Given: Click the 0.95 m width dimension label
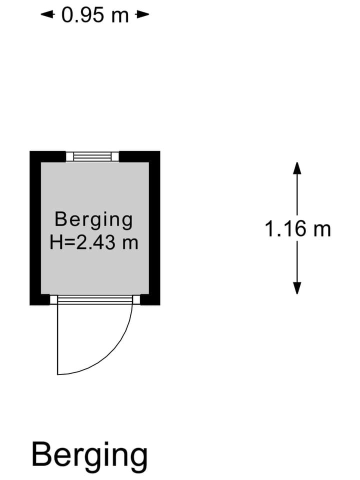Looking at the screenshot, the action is (95, 15).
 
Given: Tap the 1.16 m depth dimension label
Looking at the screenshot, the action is (298, 228).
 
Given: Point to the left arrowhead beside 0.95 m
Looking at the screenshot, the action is (47, 14).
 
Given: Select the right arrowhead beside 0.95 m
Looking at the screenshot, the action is (142, 14).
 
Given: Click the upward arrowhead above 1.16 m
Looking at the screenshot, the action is (297, 168).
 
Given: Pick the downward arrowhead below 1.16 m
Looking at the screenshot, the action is (297, 288).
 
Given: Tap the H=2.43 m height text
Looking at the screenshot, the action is (94, 242).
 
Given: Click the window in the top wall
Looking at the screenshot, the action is (92, 156).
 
